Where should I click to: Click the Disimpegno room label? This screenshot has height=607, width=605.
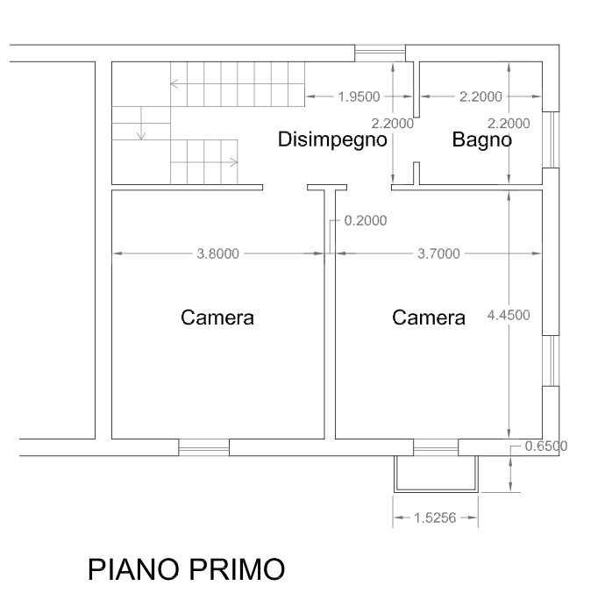(332, 140)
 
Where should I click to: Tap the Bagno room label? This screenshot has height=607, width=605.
(482, 139)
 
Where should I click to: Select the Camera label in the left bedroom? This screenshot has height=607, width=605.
(217, 318)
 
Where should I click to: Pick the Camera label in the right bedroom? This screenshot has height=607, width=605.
(429, 318)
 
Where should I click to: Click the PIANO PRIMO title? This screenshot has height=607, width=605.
(187, 569)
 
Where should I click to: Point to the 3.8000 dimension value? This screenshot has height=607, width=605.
(218, 254)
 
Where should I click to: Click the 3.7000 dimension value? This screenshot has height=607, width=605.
(439, 254)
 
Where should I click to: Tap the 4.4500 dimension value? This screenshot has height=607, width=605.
(509, 315)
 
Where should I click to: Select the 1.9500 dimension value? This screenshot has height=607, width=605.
(359, 96)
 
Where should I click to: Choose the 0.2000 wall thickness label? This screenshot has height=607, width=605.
(366, 221)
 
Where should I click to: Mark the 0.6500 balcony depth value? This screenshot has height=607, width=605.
(546, 446)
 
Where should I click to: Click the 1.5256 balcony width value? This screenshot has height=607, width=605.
(435, 518)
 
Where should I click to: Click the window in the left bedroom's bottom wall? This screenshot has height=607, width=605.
(204, 447)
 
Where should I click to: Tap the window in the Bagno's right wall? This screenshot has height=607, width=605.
(551, 139)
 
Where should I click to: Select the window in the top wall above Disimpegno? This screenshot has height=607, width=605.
(381, 53)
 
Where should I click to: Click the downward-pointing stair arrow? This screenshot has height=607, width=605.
(141, 123)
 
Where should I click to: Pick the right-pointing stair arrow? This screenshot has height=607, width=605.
(204, 162)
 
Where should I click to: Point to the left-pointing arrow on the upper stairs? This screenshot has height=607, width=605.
(238, 83)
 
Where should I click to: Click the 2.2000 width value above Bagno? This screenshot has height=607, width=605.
(480, 96)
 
